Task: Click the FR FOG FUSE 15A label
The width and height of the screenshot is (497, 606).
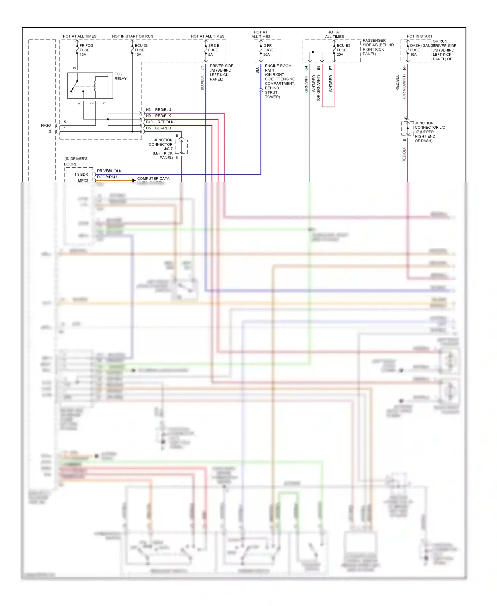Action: point(86,50)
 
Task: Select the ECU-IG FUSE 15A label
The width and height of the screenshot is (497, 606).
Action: point(141,50)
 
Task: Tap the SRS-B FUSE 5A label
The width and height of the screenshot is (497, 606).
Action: point(214,50)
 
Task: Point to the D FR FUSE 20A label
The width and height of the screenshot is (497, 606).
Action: point(268,50)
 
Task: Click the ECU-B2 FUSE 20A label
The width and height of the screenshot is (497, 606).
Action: point(343,50)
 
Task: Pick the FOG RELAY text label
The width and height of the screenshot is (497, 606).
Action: point(120,76)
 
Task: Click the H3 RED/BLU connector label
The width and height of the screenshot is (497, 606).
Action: point(159,110)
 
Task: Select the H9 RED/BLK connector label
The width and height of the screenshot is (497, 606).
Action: point(159,116)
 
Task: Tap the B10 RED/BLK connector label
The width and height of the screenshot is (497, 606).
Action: point(160,122)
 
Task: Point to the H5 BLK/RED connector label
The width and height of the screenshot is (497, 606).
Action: point(159,128)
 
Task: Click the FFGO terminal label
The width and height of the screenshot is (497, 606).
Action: point(46,125)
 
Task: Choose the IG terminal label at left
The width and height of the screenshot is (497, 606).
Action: point(49,132)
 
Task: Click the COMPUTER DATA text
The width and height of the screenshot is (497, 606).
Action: point(153,178)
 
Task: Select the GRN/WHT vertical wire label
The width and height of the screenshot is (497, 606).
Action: point(306,84)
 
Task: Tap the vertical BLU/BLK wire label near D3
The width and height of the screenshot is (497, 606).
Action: point(202,83)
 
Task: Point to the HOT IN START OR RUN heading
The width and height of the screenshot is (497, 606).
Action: point(133,36)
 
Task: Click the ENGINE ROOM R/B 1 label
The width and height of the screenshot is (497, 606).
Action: point(278,68)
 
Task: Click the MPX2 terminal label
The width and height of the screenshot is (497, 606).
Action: point(83,180)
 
